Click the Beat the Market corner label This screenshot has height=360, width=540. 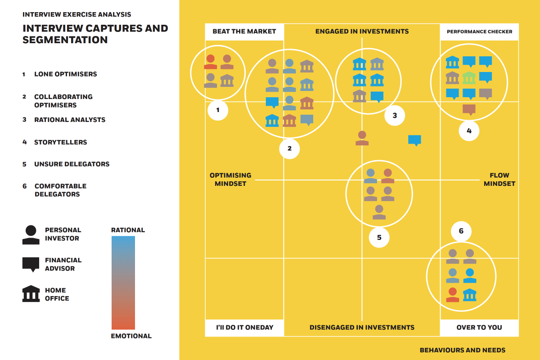(x=244, y=31)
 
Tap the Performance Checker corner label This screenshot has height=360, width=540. (x=479, y=32)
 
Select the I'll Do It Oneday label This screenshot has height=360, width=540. (x=244, y=328)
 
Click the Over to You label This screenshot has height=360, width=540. (x=479, y=328)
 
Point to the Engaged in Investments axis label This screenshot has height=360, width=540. (x=362, y=31)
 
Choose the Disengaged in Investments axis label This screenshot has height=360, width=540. (x=362, y=328)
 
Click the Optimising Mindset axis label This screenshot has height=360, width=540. (x=230, y=179)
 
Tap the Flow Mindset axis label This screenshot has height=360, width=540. (x=499, y=179)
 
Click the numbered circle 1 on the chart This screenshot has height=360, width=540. (x=218, y=110)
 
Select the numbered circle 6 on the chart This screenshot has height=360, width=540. (x=461, y=231)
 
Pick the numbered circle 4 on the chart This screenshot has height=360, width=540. (x=469, y=131)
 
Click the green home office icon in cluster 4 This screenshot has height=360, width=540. (x=469, y=78)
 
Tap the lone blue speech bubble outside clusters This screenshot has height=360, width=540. (x=414, y=140)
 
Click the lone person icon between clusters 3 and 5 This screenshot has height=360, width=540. (x=362, y=138)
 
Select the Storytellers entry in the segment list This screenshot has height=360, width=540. (x=60, y=142)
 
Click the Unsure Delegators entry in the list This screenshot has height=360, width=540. (x=72, y=164)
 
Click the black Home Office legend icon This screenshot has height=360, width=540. (x=31, y=294)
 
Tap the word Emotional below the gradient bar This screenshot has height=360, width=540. (x=131, y=336)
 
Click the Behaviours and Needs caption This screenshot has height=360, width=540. (x=462, y=350)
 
